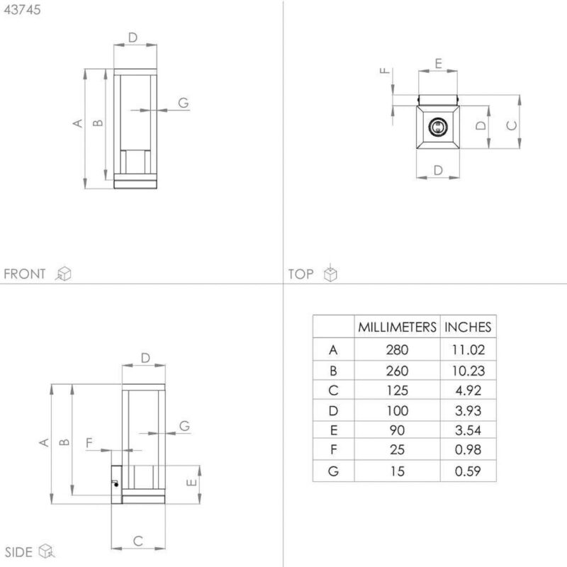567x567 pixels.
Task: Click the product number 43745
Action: click(x=22, y=10)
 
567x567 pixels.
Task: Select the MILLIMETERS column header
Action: click(x=397, y=327)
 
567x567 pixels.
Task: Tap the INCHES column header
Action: click(x=468, y=327)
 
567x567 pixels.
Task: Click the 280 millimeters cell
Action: click(x=397, y=350)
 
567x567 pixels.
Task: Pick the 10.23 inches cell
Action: click(x=468, y=371)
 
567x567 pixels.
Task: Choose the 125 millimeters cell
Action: click(x=397, y=391)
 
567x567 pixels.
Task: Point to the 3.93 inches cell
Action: click(x=468, y=411)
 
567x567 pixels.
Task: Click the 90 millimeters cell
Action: click(x=397, y=430)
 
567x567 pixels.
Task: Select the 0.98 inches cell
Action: click(x=468, y=450)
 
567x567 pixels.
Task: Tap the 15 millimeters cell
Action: click(x=397, y=471)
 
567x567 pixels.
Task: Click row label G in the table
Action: click(x=333, y=471)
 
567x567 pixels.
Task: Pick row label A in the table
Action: click(x=333, y=350)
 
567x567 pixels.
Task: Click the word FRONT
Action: click(x=25, y=274)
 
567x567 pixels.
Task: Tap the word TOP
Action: click(x=301, y=274)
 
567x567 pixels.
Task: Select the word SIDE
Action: click(x=18, y=552)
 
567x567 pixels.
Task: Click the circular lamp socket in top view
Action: click(x=437, y=128)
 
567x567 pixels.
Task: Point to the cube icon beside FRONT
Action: click(x=63, y=274)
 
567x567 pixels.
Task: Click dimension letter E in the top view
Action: click(x=438, y=64)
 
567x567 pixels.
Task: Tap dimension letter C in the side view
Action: click(x=137, y=541)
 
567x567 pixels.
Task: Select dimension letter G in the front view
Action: click(x=184, y=103)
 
